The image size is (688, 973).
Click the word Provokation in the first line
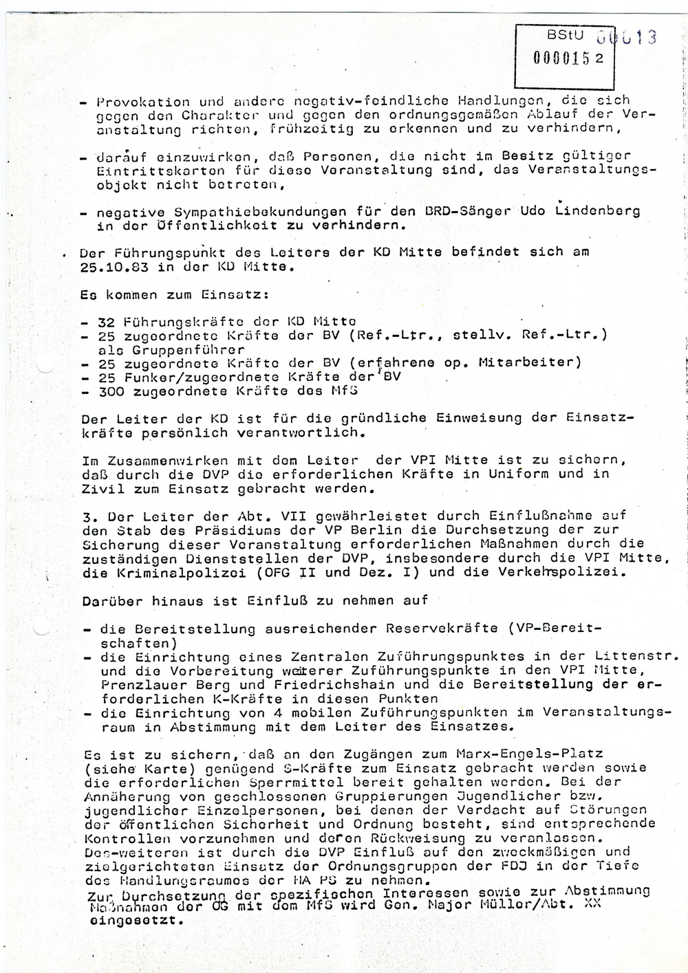pyautogui.click(x=133, y=102)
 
